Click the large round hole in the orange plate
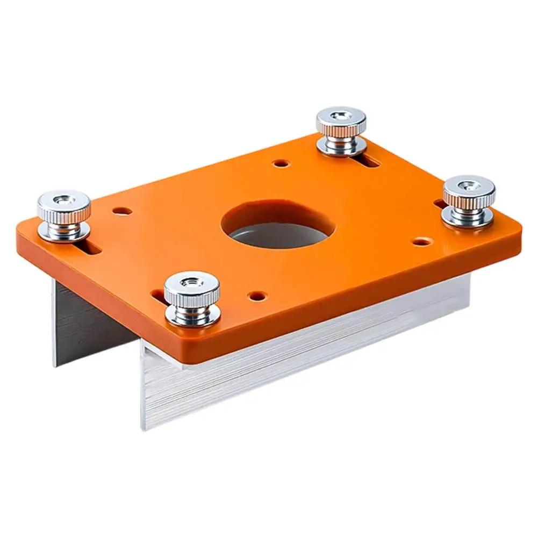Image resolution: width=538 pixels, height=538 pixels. click(x=278, y=225)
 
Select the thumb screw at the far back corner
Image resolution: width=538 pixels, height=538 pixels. click(x=341, y=129)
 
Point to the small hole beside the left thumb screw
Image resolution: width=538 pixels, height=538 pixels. click(x=122, y=211)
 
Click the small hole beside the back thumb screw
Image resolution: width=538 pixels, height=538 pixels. click(x=279, y=162)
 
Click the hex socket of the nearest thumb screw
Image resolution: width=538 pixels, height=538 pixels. click(x=192, y=282)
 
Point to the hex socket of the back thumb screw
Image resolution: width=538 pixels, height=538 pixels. click(x=341, y=116)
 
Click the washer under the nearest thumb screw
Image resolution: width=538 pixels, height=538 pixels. click(x=192, y=317)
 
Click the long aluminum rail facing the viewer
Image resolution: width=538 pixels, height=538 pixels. click(x=301, y=365)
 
